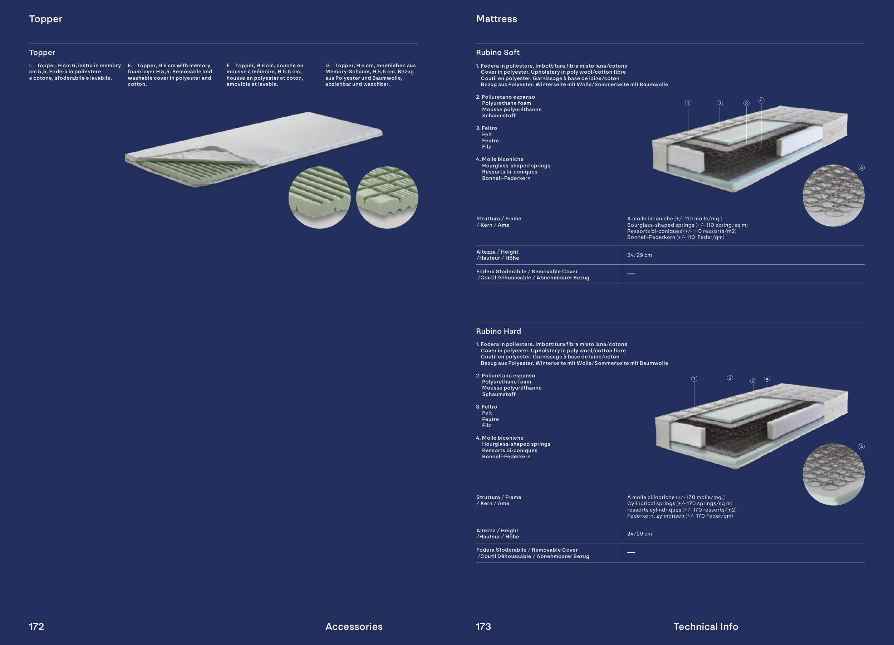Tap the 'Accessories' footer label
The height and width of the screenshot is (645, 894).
pyautogui.click(x=354, y=626)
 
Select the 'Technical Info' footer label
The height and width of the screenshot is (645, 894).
pyautogui.click(x=706, y=626)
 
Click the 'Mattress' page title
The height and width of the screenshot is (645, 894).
pyautogui.click(x=496, y=19)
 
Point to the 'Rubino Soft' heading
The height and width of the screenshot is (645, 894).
pyautogui.click(x=497, y=53)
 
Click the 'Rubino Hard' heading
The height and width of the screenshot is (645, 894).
pyautogui.click(x=498, y=331)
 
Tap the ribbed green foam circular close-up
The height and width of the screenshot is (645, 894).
pyautogui.click(x=320, y=197)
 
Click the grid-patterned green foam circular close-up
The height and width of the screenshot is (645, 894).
pyautogui.click(x=387, y=197)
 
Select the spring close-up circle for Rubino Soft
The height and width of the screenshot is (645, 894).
pyautogui.click(x=834, y=196)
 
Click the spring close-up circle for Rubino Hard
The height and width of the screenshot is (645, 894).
pyautogui.click(x=834, y=474)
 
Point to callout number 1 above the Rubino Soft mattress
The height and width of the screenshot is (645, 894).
pyautogui.click(x=688, y=103)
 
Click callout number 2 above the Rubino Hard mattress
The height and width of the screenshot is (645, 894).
pyautogui.click(x=730, y=378)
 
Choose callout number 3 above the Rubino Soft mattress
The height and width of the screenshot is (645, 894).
pyautogui.click(x=746, y=103)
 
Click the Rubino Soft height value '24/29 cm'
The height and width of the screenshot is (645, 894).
pyautogui.click(x=639, y=255)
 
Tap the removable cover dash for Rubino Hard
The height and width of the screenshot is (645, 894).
pyautogui.click(x=631, y=552)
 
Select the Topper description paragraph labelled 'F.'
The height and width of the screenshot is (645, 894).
pyautogui.click(x=265, y=75)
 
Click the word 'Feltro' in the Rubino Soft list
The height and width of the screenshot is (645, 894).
pyautogui.click(x=489, y=128)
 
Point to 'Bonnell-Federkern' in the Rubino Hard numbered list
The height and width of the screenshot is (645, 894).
pyautogui.click(x=506, y=456)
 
